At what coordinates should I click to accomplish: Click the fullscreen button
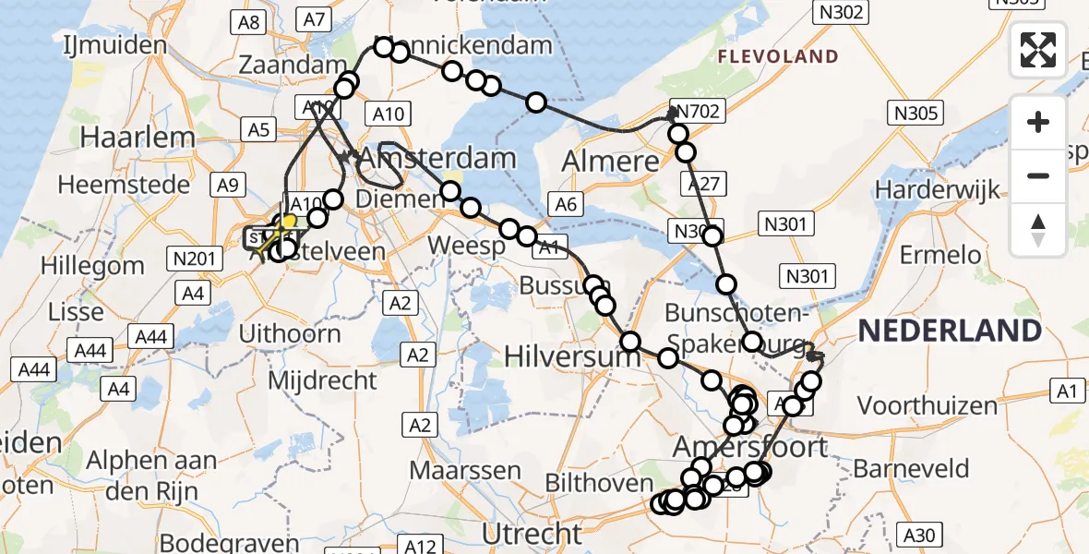coord(1038,49)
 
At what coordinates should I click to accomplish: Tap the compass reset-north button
coord(1038,229)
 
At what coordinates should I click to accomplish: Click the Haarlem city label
coord(138,138)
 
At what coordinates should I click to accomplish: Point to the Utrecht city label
coord(533,534)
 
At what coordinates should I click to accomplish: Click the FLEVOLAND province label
coord(778,57)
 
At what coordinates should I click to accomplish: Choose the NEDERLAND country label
coord(950,330)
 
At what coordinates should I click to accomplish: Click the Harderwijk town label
coord(938,190)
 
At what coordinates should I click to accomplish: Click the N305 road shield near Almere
coord(915,114)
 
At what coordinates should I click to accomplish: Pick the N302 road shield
coord(839,12)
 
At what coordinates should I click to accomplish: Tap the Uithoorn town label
coord(290,332)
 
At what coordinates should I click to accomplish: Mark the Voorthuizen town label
coord(927,404)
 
